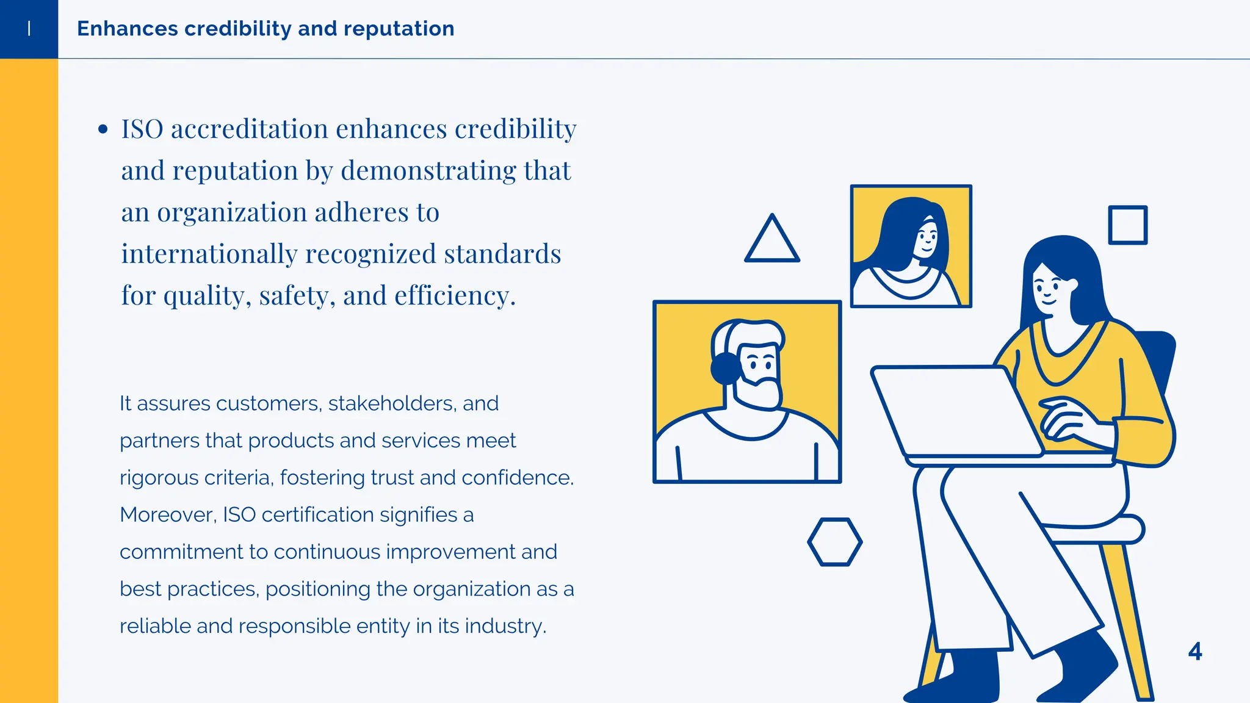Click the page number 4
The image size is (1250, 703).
1195,651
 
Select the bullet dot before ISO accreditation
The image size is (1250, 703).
103,129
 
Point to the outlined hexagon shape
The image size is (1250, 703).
834,542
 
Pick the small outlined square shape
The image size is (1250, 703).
1127,225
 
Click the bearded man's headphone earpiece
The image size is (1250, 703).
725,369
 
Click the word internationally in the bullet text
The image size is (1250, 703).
209,254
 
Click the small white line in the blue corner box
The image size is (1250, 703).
29,28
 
